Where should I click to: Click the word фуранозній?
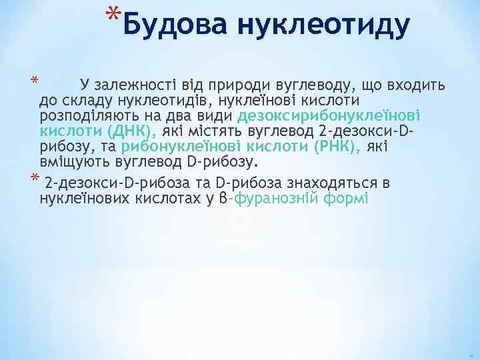click(276, 199)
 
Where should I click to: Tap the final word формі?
click(345, 199)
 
